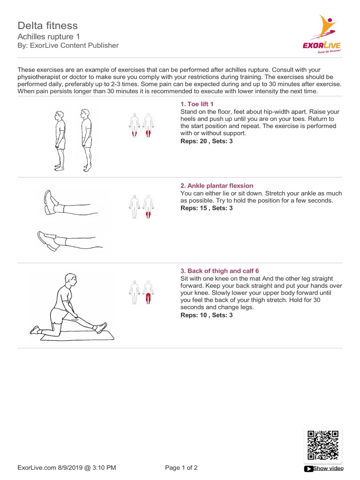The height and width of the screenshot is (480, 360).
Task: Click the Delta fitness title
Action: pos(47,25)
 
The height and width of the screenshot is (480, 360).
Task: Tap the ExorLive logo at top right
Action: pos(322,35)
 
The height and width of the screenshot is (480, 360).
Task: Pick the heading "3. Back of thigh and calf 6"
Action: pos(219,271)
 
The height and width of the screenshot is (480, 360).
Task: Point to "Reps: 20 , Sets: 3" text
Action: pos(206,141)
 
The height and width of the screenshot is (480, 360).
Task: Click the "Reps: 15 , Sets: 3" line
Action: pos(206,208)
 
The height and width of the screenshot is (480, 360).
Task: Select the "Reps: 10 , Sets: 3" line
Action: pos(206,315)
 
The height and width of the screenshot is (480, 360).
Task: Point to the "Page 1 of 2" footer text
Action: pos(181,468)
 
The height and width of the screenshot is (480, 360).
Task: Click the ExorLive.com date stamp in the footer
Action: pos(67,468)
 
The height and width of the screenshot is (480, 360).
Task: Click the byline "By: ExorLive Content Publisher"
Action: pos(68,45)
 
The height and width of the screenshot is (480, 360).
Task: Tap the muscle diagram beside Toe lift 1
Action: pos(142,126)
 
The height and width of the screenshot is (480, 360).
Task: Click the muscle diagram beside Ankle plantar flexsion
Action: pos(142,207)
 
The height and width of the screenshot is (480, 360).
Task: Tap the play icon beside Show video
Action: pos(308,468)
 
